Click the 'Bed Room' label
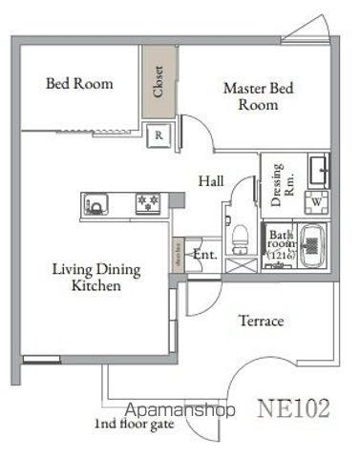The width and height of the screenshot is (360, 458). click(x=79, y=84)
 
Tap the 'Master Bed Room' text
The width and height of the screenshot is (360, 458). click(x=259, y=96)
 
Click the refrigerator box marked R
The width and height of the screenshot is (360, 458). click(x=159, y=135)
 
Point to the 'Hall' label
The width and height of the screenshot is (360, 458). click(x=212, y=179)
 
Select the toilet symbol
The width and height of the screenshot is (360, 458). click(x=239, y=232)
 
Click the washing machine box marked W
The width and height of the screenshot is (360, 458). click(x=314, y=201)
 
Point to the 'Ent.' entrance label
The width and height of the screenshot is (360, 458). click(x=204, y=255)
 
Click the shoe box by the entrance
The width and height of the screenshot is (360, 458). click(x=178, y=255)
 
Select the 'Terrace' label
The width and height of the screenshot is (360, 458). click(x=261, y=322)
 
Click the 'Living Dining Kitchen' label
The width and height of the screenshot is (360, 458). click(x=95, y=278)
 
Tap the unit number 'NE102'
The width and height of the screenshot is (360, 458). click(x=294, y=408)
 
